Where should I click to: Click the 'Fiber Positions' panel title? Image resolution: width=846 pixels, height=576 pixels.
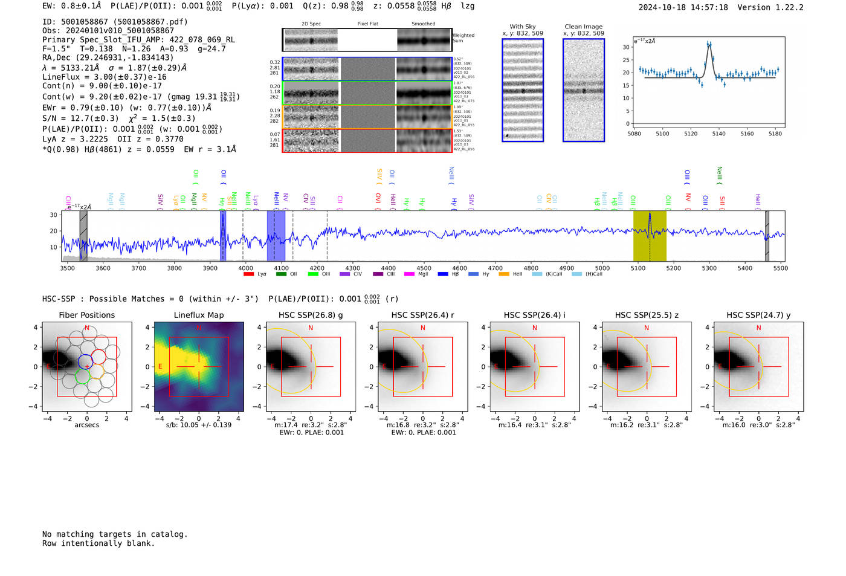click(86, 315)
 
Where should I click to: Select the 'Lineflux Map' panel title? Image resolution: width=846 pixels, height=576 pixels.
click(198, 315)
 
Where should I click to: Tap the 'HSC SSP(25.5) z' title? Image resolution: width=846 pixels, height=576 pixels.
click(647, 315)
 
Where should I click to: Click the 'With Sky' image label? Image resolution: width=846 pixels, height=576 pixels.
click(522, 27)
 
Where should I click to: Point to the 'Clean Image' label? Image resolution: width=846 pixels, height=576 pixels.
click(583, 27)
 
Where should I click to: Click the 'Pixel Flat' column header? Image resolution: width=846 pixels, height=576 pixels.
click(367, 24)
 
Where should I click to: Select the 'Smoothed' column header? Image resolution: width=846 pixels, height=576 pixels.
click(423, 24)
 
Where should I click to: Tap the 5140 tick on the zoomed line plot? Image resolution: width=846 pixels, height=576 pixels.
click(718, 134)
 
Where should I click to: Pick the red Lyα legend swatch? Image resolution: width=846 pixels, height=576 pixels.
click(248, 274)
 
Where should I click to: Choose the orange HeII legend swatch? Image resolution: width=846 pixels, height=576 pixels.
click(504, 274)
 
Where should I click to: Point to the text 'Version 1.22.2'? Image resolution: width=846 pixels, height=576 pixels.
click(770, 8)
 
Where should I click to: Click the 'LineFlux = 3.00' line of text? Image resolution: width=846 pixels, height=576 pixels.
click(105, 77)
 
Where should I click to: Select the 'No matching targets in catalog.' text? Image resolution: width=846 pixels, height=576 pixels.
click(115, 534)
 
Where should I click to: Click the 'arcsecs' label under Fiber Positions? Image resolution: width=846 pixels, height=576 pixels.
click(86, 425)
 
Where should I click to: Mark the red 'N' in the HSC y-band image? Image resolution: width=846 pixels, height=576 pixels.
click(758, 328)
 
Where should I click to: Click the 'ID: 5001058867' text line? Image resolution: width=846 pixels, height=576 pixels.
click(115, 22)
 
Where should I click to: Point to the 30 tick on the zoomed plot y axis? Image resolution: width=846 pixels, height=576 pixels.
click(626, 47)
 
